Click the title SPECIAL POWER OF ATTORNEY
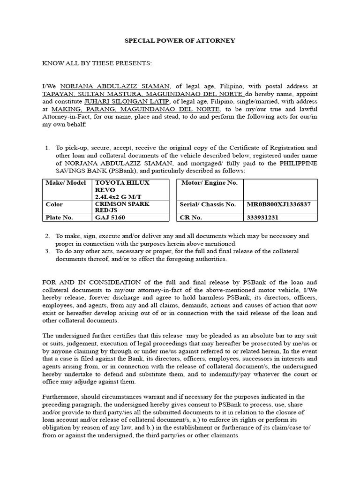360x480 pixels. pyautogui.click(x=180, y=41)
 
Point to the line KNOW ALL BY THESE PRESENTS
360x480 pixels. pyautogui.click(x=97, y=63)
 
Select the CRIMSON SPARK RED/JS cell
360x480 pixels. pyautogui.click(x=130, y=207)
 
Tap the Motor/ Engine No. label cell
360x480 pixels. pyautogui.click(x=210, y=183)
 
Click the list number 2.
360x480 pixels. pyautogui.click(x=48, y=236)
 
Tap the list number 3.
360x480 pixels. pyautogui.click(x=48, y=251)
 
